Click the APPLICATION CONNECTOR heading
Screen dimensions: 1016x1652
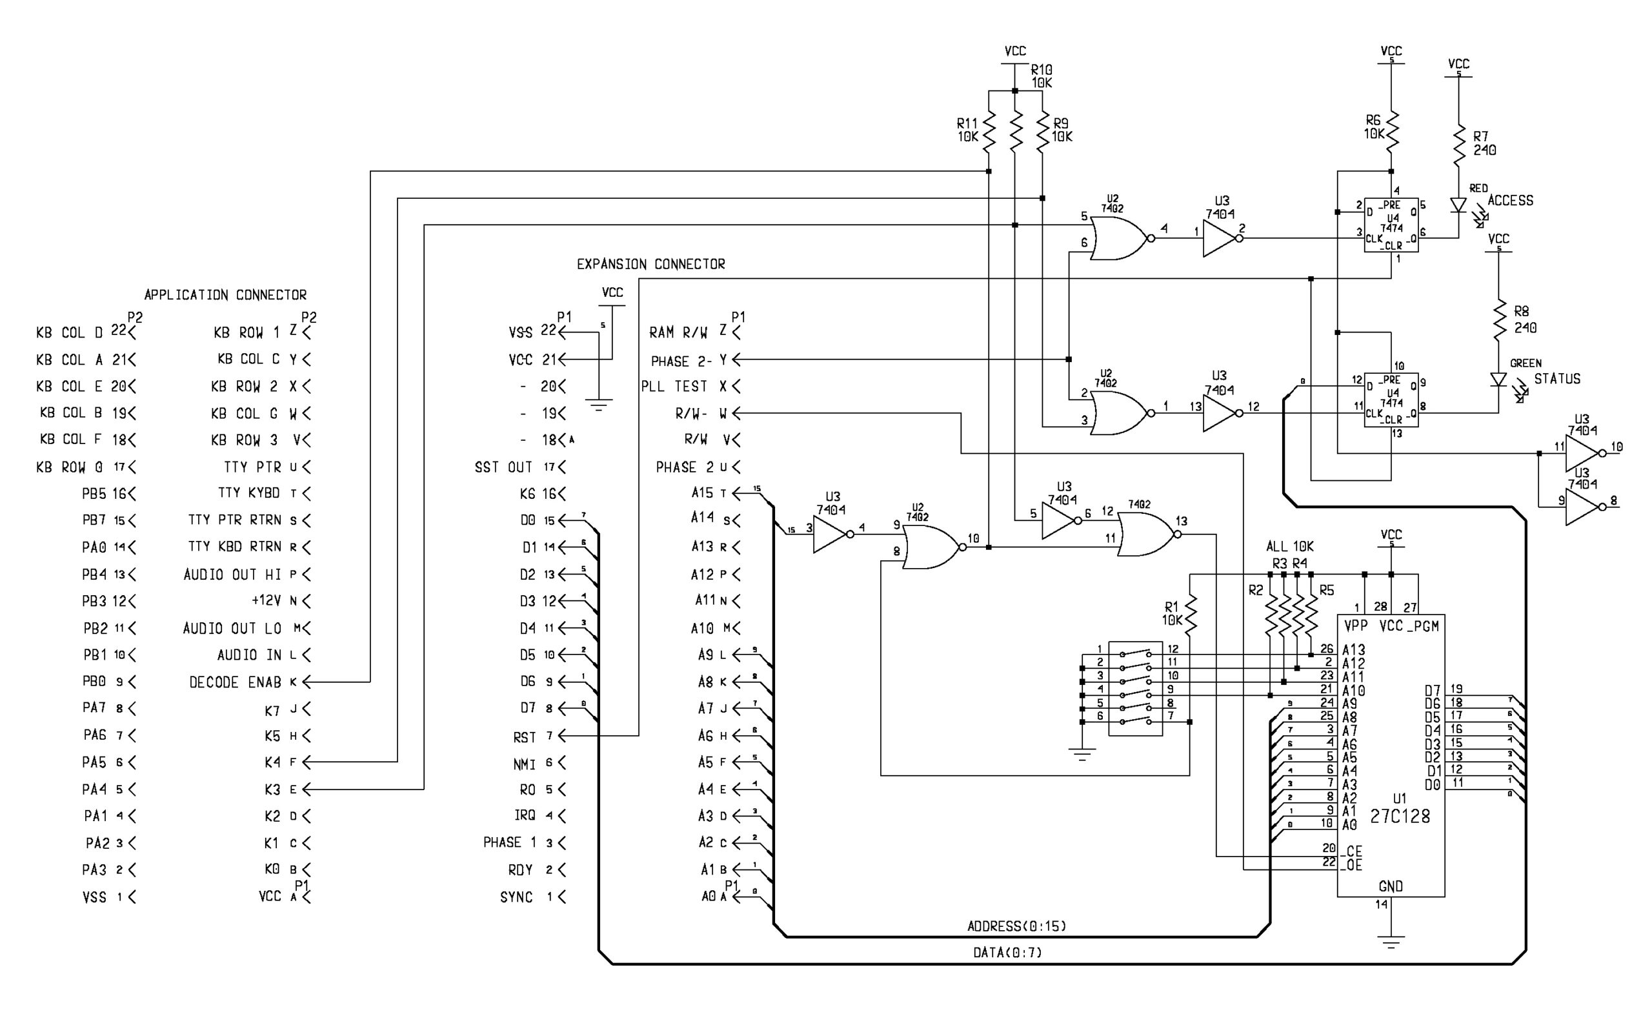click(x=225, y=295)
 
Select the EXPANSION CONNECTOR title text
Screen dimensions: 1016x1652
click(x=650, y=264)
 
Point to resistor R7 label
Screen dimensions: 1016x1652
click(x=1480, y=136)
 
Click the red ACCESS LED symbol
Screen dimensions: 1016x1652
click(x=1458, y=205)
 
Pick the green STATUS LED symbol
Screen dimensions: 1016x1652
click(x=1498, y=380)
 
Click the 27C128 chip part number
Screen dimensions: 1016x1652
click(x=1400, y=817)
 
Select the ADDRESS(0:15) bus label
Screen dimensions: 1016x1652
click(x=1016, y=926)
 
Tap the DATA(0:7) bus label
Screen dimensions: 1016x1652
click(x=1007, y=952)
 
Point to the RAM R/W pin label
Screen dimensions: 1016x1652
click(x=678, y=332)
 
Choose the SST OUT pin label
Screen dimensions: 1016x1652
click(x=503, y=467)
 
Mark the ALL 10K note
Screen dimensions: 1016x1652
click(x=1289, y=546)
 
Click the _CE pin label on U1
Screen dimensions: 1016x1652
click(x=1353, y=851)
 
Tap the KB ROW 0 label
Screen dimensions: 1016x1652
click(x=69, y=467)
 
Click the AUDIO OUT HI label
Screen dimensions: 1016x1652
click(x=232, y=574)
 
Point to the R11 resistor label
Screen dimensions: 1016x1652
click(x=967, y=124)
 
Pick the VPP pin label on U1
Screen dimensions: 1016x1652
click(x=1355, y=626)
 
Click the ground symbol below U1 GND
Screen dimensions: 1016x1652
click(x=1391, y=940)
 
